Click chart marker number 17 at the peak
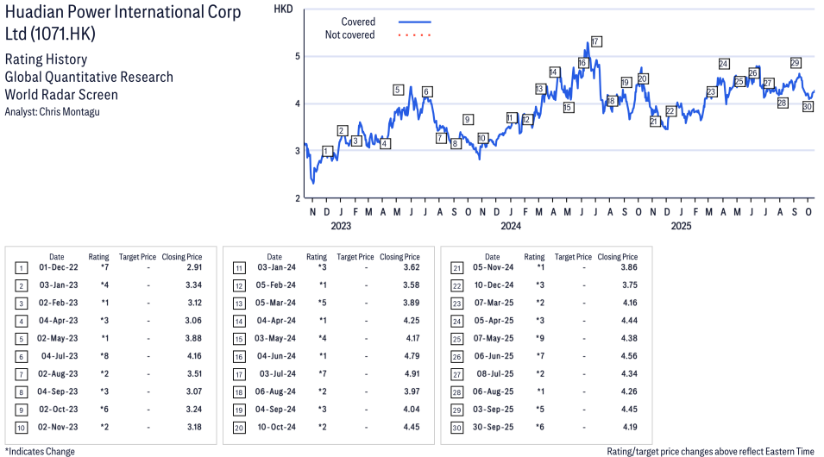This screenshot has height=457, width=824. pyautogui.click(x=596, y=41)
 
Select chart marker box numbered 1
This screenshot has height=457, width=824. pyautogui.click(x=327, y=151)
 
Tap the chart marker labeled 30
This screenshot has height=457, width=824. pyautogui.click(x=808, y=107)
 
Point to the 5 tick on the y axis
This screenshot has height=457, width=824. pyautogui.click(x=298, y=56)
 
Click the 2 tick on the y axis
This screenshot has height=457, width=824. pyautogui.click(x=298, y=198)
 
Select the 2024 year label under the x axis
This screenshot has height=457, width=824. pyautogui.click(x=511, y=226)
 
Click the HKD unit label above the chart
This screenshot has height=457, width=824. pyautogui.click(x=283, y=9)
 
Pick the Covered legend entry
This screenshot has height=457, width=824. pyautogui.click(x=358, y=22)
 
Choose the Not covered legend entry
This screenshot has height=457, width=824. pyautogui.click(x=349, y=34)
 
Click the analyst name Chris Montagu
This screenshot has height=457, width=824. pyautogui.click(x=64, y=111)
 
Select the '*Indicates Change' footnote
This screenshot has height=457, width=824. pyautogui.click(x=40, y=451)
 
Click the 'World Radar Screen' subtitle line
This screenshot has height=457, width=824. pyautogui.click(x=61, y=95)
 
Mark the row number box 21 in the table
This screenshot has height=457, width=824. pyautogui.click(x=456, y=268)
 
